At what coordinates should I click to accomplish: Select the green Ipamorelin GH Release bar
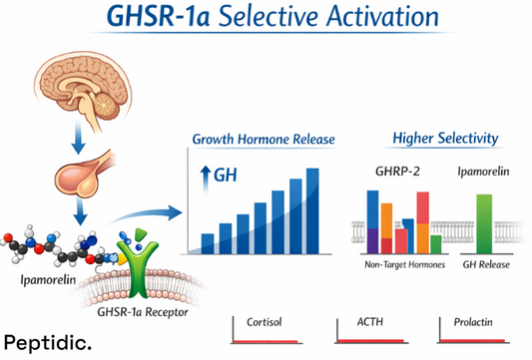click(x=484, y=224)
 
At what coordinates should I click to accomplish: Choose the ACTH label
click(x=369, y=323)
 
